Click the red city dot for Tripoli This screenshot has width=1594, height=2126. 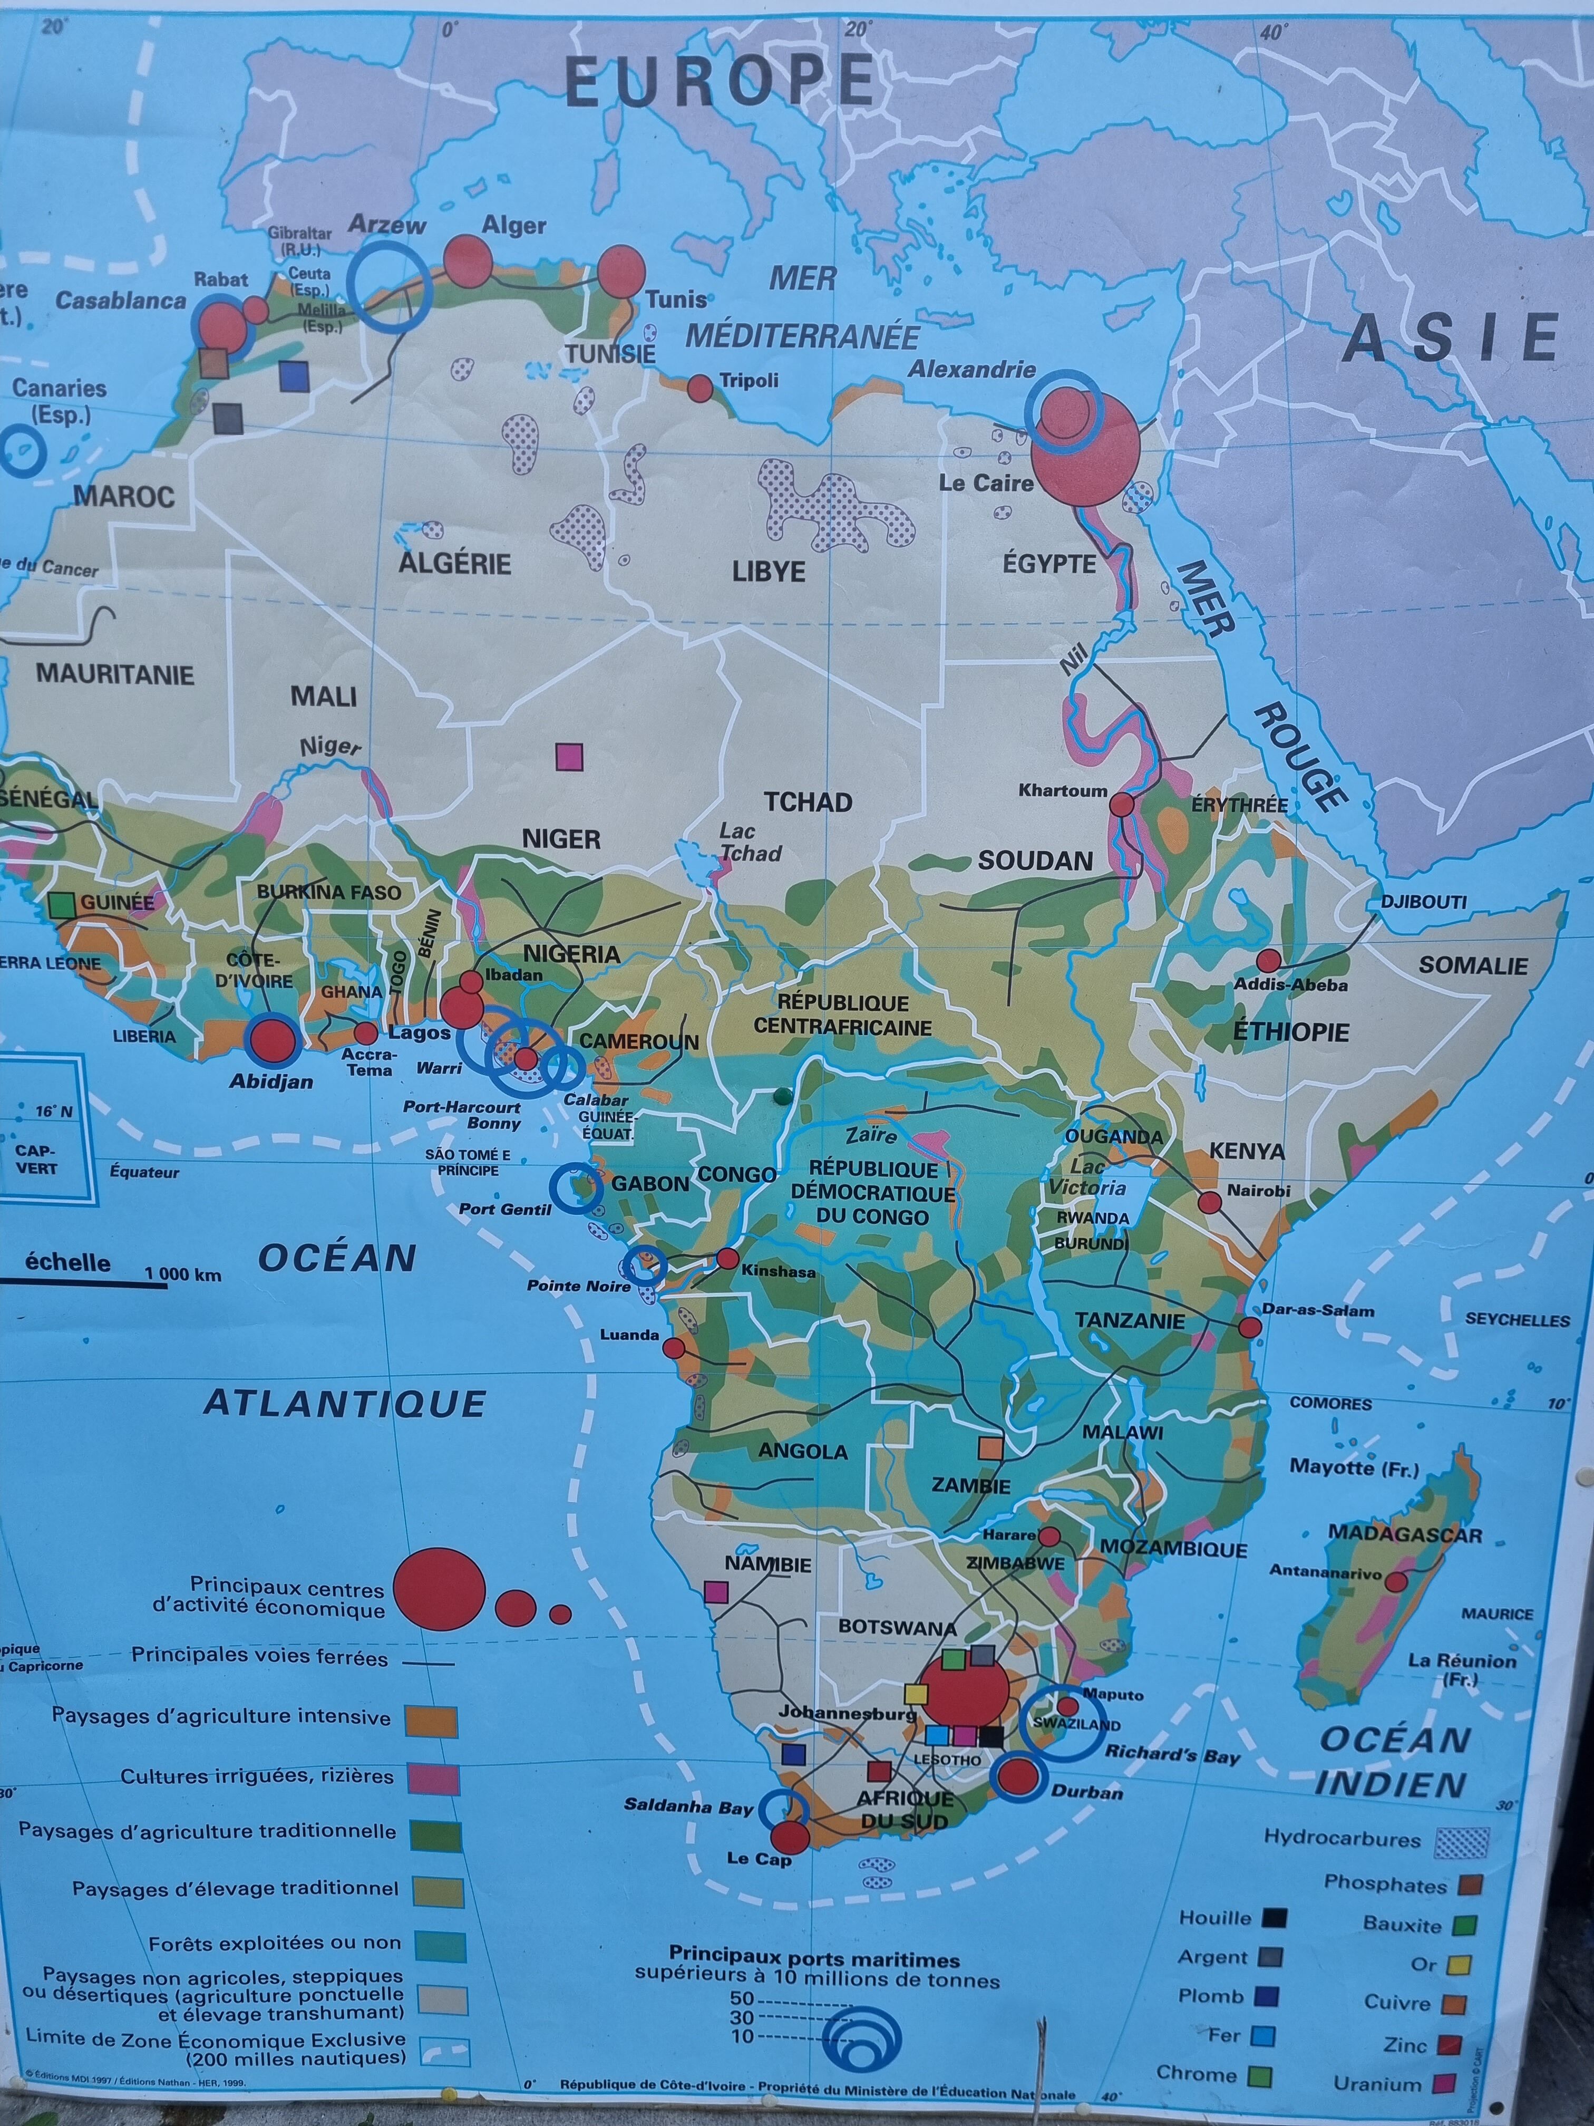(699, 388)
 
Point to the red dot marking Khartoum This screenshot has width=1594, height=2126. (1121, 805)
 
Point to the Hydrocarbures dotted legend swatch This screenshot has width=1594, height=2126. (1461, 1842)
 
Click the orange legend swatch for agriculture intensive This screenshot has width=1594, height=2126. (431, 1722)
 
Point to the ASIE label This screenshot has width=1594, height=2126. (1450, 339)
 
